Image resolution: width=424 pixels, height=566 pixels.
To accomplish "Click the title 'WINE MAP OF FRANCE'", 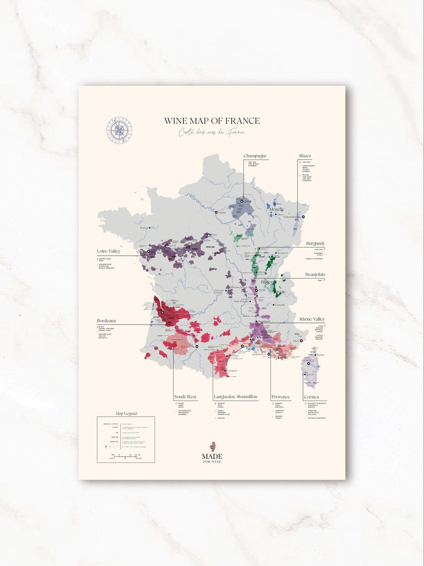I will [212, 121].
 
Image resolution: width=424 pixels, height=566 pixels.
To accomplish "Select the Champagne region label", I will [255, 156].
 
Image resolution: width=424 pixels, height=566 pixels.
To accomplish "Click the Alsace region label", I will [304, 156].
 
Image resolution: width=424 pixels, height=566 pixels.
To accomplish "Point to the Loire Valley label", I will [109, 251].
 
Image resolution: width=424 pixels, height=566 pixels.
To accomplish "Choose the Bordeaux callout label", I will [106, 320].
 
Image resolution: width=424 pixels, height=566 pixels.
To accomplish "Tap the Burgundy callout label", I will [315, 243].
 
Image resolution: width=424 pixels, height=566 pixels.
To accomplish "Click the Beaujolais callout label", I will [315, 275].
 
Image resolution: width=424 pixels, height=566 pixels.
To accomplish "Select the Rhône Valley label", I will [312, 319].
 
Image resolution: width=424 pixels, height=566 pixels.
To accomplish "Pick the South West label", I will [185, 397].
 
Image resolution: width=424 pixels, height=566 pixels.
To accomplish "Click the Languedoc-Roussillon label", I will [236, 397].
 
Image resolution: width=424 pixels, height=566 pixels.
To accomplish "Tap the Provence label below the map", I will [281, 397].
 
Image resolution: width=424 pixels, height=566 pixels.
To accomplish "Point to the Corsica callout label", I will [311, 397].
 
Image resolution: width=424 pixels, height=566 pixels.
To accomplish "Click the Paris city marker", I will [216, 212].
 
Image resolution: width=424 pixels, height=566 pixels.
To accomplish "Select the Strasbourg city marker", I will [303, 217].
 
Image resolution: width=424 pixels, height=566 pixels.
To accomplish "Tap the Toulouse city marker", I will [197, 346].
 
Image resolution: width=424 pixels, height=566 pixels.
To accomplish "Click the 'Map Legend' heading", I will [126, 413].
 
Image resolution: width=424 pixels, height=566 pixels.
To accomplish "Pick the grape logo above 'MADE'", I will [212, 446].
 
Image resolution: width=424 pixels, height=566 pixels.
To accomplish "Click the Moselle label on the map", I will [276, 209].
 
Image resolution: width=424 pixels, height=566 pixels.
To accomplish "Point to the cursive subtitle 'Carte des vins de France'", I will [212, 132].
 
